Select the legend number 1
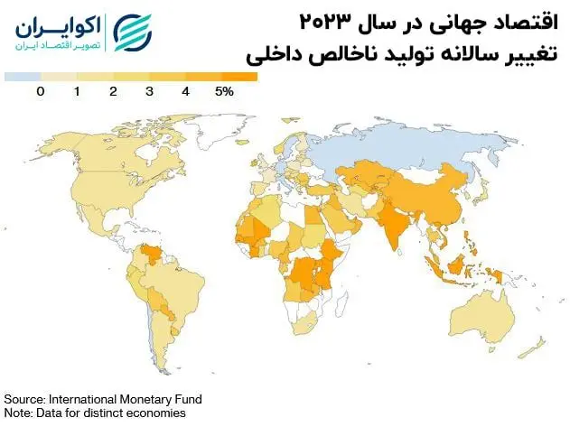(x=77, y=91)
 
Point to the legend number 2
(x=113, y=91)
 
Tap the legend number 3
(x=149, y=91)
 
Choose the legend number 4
(x=185, y=91)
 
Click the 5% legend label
(x=224, y=91)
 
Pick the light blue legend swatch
(x=22, y=78)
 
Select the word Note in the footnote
(x=17, y=413)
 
